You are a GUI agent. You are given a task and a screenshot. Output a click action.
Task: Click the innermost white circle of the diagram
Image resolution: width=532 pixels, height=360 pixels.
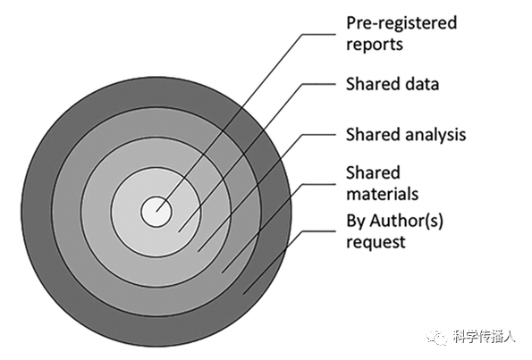[x=156, y=212]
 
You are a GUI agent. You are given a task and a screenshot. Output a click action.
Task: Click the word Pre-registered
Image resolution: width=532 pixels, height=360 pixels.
[x=401, y=24]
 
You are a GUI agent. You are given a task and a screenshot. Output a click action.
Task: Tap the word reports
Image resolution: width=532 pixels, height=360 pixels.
[x=375, y=45]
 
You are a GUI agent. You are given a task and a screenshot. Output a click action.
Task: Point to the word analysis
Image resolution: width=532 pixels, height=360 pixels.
[x=435, y=135]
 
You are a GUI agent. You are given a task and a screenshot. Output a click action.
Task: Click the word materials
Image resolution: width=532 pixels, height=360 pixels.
[x=383, y=194]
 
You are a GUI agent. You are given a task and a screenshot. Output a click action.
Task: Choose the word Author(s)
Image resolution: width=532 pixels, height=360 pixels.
[x=406, y=222]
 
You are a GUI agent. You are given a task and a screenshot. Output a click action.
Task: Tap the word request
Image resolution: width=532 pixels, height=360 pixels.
[x=376, y=243]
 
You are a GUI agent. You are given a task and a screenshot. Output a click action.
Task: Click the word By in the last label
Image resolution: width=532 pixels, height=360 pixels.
[x=356, y=222]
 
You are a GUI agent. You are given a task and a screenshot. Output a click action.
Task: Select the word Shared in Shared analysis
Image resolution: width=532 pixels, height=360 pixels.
[x=374, y=134]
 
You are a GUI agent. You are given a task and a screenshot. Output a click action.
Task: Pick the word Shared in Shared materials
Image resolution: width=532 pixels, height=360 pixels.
[x=374, y=172]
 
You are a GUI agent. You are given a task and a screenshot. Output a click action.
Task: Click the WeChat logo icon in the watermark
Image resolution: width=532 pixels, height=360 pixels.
[x=437, y=336]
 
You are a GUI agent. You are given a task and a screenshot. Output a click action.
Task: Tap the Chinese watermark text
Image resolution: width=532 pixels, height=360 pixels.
[x=484, y=336]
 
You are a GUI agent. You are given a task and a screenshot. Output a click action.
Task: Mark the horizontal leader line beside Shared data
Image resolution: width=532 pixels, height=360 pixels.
[x=319, y=84]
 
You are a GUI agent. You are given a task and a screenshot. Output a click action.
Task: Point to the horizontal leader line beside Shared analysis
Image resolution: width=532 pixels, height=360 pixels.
[x=319, y=135]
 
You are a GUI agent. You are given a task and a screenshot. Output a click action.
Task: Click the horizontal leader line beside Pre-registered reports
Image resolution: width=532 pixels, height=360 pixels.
[x=319, y=34]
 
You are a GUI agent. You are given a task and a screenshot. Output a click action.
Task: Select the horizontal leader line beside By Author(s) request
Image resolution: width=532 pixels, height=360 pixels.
[x=319, y=231]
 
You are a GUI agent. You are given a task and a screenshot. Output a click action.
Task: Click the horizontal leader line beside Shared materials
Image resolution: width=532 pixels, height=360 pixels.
[x=319, y=184]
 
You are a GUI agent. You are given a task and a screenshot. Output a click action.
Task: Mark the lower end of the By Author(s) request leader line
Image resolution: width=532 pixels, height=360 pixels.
[x=242, y=295]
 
